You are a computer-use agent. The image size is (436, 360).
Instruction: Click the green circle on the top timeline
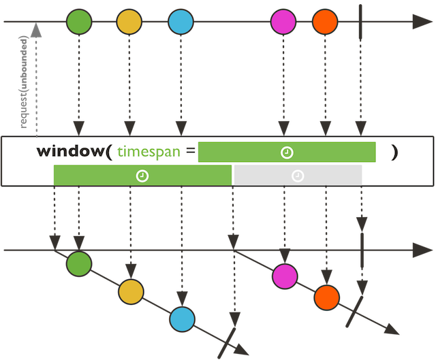click(79, 22)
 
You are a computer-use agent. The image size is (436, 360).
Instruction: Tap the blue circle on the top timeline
click(181, 22)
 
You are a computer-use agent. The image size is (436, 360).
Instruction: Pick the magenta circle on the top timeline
click(284, 22)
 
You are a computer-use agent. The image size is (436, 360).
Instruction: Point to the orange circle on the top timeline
click(326, 22)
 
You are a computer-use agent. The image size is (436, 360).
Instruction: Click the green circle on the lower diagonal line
click(79, 263)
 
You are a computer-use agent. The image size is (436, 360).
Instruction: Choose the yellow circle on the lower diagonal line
click(131, 291)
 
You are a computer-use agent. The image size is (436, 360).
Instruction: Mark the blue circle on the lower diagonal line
click(182, 318)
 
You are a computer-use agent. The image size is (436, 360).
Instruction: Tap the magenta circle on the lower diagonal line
click(285, 276)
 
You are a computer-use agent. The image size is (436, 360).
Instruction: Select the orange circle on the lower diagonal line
click(326, 297)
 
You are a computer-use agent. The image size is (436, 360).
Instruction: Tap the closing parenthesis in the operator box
click(394, 152)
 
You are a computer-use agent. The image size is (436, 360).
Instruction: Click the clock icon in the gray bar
click(298, 176)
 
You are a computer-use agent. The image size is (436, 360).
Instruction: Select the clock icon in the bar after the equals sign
click(287, 152)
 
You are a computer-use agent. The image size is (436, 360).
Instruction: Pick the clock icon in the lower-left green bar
click(142, 176)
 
